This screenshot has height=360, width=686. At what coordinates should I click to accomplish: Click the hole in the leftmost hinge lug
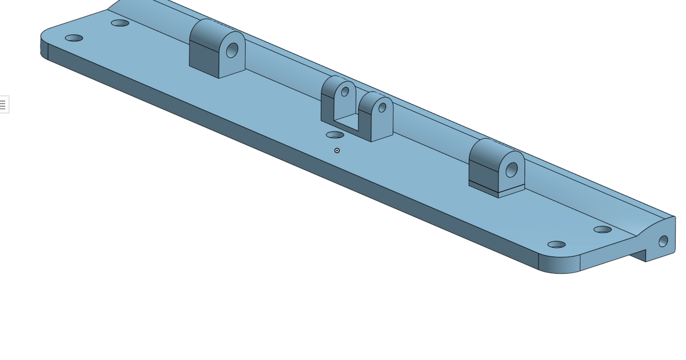click(x=232, y=50)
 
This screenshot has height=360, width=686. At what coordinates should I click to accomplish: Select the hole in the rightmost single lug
click(x=512, y=170)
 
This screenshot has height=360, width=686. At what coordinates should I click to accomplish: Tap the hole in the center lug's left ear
click(x=345, y=91)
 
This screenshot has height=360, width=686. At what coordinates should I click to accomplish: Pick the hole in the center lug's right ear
click(x=382, y=107)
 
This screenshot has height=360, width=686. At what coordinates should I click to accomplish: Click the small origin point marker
click(x=337, y=150)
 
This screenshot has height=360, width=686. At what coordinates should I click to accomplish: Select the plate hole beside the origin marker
click(x=334, y=135)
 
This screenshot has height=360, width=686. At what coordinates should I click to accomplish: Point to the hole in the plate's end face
click(x=663, y=241)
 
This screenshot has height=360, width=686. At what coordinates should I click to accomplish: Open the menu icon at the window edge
click(x=3, y=105)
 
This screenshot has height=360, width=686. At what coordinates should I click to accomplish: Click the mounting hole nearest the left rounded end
click(x=74, y=38)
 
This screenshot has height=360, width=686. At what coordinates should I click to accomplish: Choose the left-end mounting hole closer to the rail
click(x=120, y=23)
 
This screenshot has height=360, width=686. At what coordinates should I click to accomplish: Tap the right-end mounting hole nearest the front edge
click(x=556, y=245)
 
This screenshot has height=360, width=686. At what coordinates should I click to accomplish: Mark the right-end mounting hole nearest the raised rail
click(x=603, y=230)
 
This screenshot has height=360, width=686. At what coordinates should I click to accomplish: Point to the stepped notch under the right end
click(x=638, y=254)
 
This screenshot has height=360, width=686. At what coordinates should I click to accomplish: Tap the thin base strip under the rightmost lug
click(x=484, y=188)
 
